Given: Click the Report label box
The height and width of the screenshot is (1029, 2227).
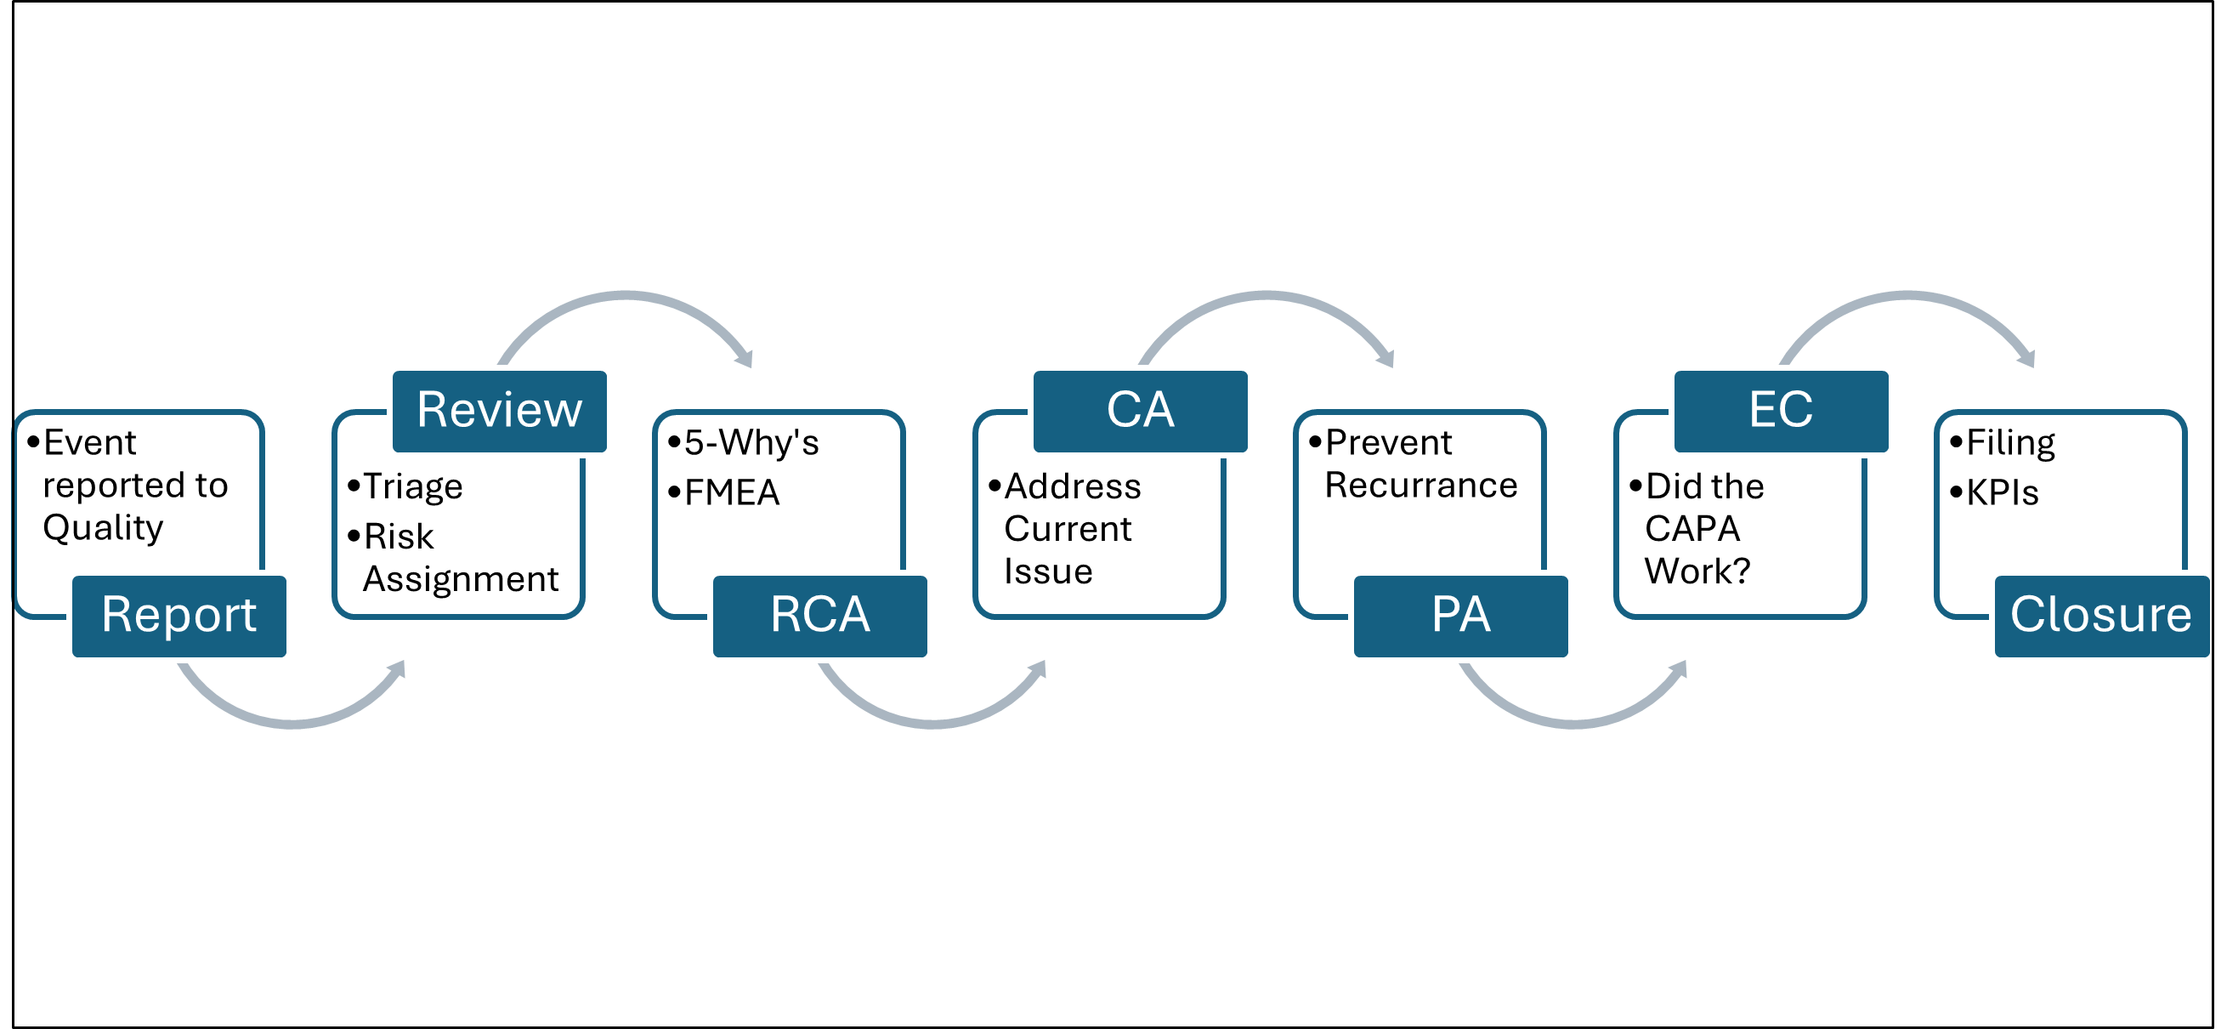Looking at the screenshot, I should pos(179,616).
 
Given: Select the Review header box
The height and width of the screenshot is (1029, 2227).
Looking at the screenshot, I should pos(501,410).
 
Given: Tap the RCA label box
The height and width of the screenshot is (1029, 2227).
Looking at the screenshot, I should pos(819,616).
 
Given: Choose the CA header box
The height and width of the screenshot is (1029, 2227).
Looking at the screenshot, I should pos(1141,410).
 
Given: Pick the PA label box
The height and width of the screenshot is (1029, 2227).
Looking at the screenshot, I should pos(1460,616).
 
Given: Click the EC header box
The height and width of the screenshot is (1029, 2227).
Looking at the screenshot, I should pos(1781,410).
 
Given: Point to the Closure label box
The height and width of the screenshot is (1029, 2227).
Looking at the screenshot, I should pos(2101,616).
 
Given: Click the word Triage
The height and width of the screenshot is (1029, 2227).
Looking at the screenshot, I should pos(412,486).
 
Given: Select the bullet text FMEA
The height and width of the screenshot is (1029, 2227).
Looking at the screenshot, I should pos(731,493).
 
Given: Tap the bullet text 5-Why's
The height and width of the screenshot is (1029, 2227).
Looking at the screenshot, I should pos(751,443).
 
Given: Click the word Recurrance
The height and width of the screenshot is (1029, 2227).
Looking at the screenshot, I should pos(1420,485).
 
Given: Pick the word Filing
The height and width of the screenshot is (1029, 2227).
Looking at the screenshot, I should pos(2010,443).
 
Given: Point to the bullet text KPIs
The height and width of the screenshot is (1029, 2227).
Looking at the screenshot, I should pos(2003,493).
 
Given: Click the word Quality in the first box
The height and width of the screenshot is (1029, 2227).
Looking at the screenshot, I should pos(103,527).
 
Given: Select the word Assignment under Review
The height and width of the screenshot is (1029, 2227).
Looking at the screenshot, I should pos(461,578).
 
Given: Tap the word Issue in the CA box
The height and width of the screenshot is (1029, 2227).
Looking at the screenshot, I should pos(1048,571).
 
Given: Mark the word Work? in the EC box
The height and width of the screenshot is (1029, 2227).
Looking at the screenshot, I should pos(1697,571).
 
